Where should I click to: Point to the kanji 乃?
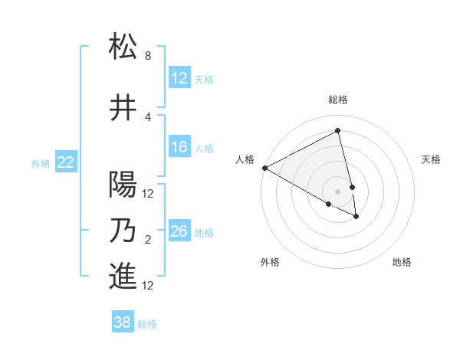pos(123,231)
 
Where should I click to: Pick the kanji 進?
pos(123,277)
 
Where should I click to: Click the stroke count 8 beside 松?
pos(147,56)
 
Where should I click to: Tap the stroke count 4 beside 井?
pos(147,116)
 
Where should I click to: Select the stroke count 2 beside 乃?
pos(147,241)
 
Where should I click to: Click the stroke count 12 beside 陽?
pos(149,193)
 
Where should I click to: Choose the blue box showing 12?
pos(179,78)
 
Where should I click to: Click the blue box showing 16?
pos(179,147)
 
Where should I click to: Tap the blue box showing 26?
pos(179,231)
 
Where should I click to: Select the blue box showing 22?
pos(66,162)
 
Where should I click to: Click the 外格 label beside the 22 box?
pos(41,163)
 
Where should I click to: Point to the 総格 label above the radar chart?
pos(338,100)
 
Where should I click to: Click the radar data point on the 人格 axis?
pos(264,168)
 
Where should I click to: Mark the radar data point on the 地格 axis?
pos(356,217)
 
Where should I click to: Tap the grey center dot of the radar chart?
pos(337,190)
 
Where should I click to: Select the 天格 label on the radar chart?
pos(431,159)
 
